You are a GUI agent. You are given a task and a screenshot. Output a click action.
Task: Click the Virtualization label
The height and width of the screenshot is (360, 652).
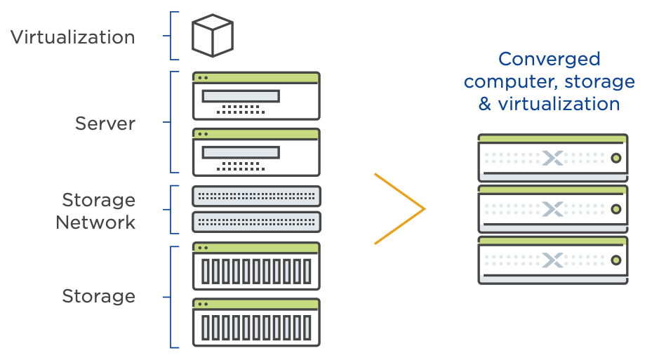tap(73, 37)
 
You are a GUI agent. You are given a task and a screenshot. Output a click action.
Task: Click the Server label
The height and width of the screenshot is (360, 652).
tap(105, 124)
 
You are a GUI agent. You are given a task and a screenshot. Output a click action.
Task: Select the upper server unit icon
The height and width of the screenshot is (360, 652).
tap(256, 96)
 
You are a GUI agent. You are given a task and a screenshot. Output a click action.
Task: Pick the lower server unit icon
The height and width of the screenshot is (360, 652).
tap(256, 152)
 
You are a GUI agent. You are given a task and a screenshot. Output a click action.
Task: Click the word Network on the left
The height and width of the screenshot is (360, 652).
tap(95, 222)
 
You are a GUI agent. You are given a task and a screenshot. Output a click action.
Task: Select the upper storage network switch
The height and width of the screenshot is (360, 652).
tap(256, 196)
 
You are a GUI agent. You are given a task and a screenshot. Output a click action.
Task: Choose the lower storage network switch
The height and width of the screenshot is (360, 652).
tap(256, 222)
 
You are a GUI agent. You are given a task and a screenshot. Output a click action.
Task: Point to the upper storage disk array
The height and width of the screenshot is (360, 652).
tap(256, 266)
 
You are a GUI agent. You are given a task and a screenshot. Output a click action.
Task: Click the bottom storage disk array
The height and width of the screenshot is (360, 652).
tap(256, 322)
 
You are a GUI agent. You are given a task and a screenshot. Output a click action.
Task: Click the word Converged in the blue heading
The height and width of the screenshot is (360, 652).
tap(550, 60)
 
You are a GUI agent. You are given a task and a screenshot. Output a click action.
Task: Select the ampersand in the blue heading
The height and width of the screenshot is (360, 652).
tap(485, 104)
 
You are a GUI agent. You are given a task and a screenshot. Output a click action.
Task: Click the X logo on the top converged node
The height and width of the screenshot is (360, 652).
tap(552, 158)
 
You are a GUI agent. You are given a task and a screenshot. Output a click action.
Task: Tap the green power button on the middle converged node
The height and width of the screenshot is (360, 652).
tap(616, 209)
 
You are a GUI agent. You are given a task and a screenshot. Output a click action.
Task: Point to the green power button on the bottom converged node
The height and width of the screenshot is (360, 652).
tap(616, 260)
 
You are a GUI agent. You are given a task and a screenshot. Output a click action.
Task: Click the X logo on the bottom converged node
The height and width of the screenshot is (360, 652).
tap(552, 260)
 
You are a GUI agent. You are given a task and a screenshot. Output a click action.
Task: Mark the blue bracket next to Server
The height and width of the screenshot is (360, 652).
tap(171, 122)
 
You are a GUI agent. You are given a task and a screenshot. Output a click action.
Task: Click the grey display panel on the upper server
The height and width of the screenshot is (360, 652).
tap(241, 96)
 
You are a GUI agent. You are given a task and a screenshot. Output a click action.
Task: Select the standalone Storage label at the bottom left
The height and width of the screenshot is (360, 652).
tap(99, 296)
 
